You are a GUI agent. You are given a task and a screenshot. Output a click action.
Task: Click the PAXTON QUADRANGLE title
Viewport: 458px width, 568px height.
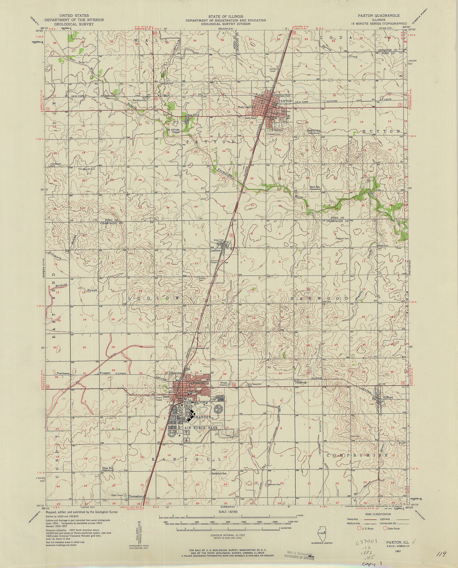point(378,16)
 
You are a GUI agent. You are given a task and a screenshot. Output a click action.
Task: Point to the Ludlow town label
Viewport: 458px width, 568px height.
point(215,250)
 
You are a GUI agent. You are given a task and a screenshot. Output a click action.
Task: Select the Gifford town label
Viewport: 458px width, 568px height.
point(388,398)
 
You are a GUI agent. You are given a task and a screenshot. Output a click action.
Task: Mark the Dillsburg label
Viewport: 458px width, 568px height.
point(300,383)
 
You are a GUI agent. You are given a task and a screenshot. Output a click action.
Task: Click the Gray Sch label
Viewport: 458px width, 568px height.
point(108,468)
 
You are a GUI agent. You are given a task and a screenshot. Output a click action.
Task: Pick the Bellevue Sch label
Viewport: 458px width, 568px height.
point(219,474)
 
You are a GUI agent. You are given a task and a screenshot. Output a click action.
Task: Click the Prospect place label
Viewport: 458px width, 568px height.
point(105,373)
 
